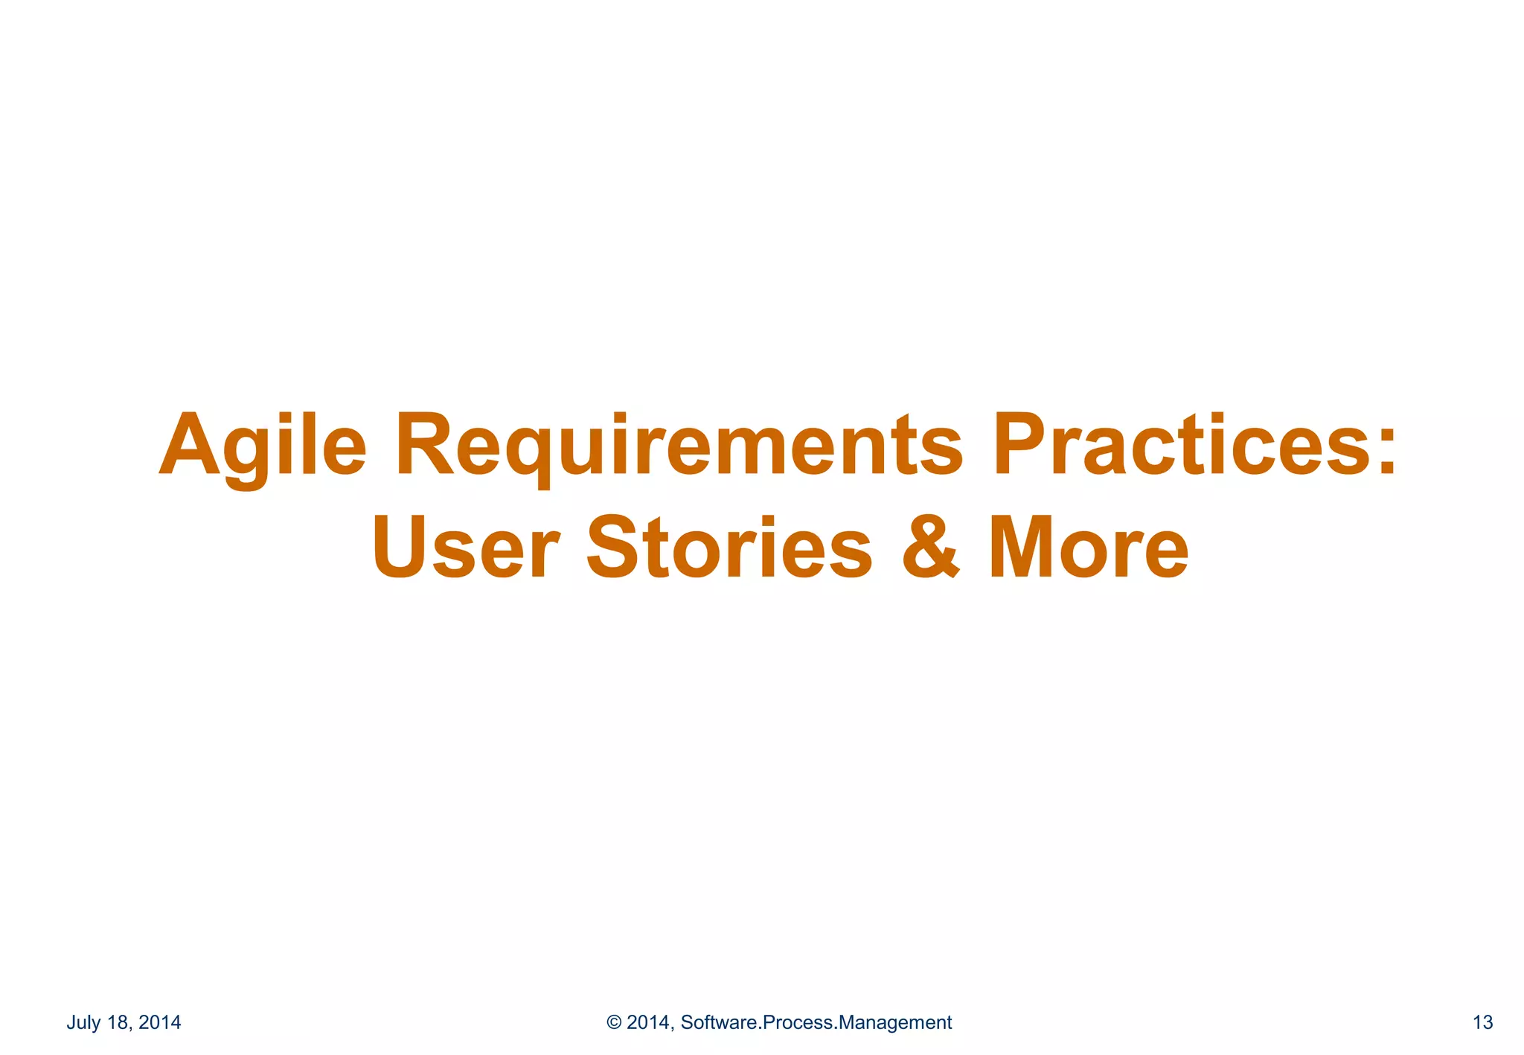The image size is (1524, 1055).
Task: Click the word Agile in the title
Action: [x=263, y=446]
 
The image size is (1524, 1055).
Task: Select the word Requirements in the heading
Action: [x=679, y=446]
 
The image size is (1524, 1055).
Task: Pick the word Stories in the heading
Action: [x=729, y=548]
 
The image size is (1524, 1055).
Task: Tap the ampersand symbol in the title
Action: [x=931, y=548]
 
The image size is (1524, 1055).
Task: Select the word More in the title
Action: [x=1088, y=548]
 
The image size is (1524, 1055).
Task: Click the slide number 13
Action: [x=1482, y=1022]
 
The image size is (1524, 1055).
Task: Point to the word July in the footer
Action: [x=84, y=1022]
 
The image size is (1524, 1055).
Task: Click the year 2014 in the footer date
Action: [x=160, y=1022]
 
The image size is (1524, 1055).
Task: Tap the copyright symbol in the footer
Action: [x=614, y=1022]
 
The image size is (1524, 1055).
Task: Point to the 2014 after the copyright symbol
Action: [x=650, y=1022]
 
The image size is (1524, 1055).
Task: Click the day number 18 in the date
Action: [x=118, y=1022]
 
